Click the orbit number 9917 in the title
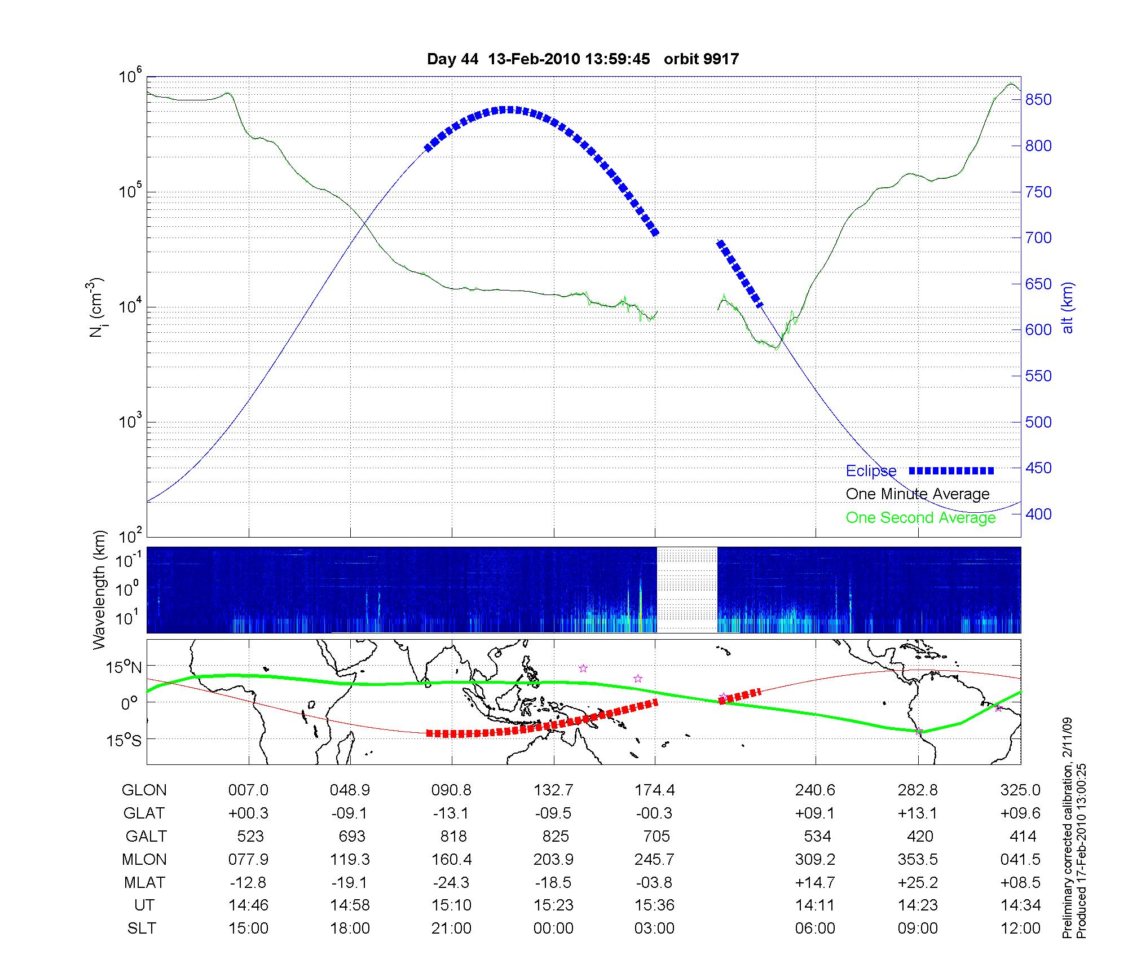click(x=701, y=59)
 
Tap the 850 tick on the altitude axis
click(x=1038, y=100)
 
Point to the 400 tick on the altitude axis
click(x=1038, y=514)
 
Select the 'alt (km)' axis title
click(x=1068, y=307)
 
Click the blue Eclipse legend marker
click(x=951, y=470)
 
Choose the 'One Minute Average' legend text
click(x=918, y=494)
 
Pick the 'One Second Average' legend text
click(x=920, y=518)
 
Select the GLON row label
click(x=144, y=790)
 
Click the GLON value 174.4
click(x=654, y=790)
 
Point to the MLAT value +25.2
click(x=918, y=882)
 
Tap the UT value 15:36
click(x=654, y=905)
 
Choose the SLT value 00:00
click(x=553, y=929)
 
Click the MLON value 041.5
click(x=1021, y=859)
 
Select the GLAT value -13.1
click(x=451, y=813)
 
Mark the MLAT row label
click(x=144, y=882)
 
